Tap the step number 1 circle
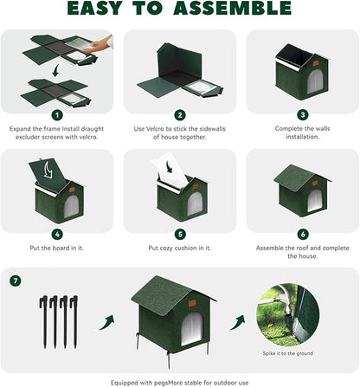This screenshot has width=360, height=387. click(x=57, y=114)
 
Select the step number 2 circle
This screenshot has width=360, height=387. click(x=180, y=114)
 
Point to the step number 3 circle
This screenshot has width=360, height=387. click(x=302, y=114)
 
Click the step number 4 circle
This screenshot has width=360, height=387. click(x=57, y=233)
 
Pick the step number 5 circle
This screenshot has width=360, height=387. click(x=180, y=233)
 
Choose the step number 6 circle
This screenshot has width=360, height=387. click(x=302, y=233)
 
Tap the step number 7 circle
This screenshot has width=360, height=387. click(x=16, y=281)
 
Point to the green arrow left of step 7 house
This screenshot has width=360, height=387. click(x=107, y=319)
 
